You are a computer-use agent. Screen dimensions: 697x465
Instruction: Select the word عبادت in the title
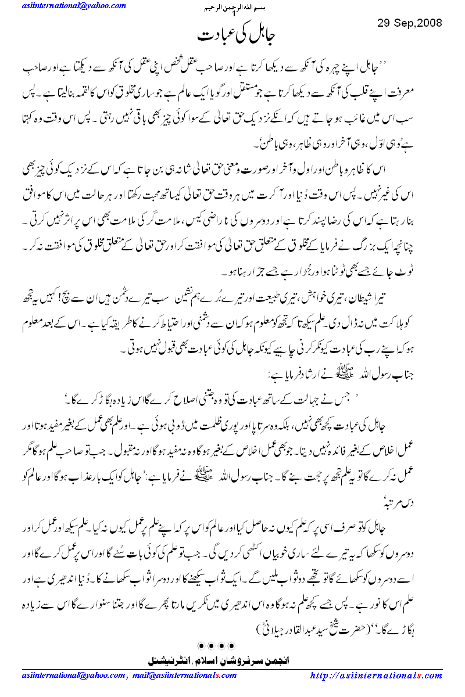[x=213, y=37]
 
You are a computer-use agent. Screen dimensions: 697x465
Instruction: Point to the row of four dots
[x=216, y=645]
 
